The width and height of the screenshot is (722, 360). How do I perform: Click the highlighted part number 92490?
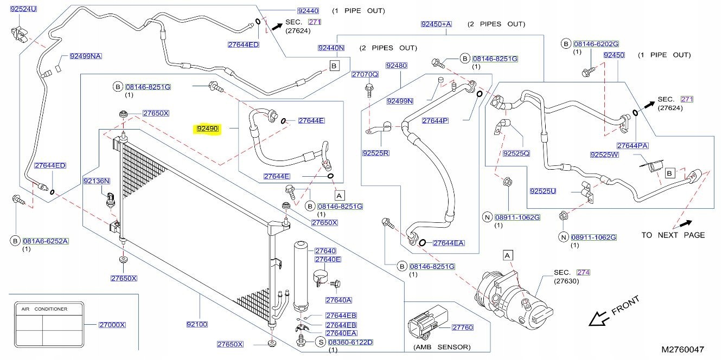coord(207,129)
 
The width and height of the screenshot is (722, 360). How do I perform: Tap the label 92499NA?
coord(86,56)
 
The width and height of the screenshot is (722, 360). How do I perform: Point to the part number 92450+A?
coord(436,24)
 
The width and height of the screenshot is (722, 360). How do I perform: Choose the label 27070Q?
coord(365,74)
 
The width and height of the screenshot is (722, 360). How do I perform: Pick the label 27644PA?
coord(633,145)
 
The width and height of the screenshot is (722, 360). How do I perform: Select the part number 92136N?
coord(97,181)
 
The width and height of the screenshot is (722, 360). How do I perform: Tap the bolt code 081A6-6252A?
coord(46,240)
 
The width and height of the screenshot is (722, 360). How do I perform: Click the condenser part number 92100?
coord(197,324)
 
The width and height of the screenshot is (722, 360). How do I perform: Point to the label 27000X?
coord(112,325)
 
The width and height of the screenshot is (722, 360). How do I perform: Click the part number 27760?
coord(463,327)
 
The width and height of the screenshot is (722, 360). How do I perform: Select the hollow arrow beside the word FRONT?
coord(599,319)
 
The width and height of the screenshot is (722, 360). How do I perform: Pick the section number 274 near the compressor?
coord(583,272)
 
